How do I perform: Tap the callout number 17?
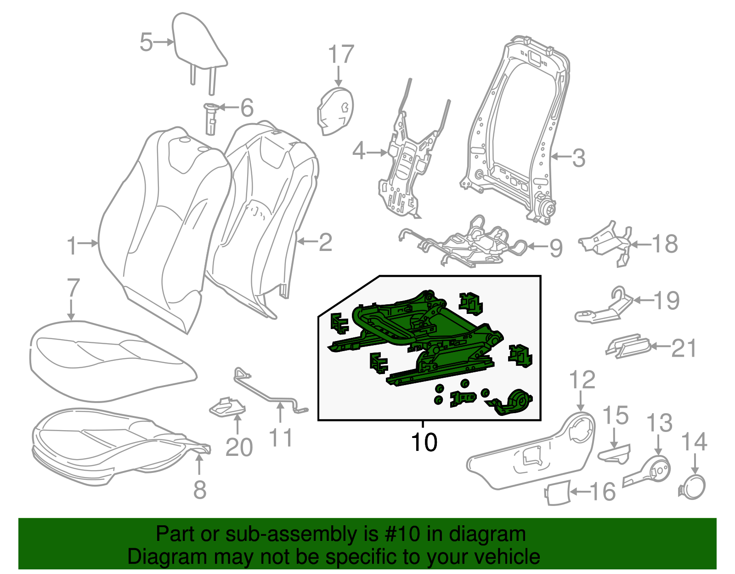pos(341,55)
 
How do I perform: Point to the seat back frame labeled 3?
pos(514,133)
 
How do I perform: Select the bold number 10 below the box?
pos(424,442)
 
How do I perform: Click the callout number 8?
pos(199,490)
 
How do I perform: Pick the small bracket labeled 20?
pos(228,407)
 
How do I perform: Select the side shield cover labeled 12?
pos(533,460)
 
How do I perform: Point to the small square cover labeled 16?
pos(558,494)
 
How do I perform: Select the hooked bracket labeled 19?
pos(602,310)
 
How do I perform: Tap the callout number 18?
pos(665,244)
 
